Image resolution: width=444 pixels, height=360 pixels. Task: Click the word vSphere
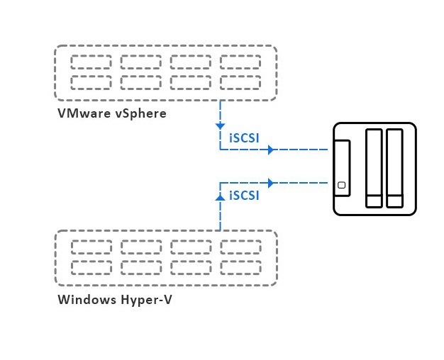[x=140, y=113]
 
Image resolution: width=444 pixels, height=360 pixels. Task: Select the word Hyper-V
[x=146, y=299]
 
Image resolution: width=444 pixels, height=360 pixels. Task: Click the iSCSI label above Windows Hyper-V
[x=243, y=195]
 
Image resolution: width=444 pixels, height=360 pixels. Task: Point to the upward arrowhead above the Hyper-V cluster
[x=220, y=199]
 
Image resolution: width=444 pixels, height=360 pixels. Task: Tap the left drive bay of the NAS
[x=373, y=168]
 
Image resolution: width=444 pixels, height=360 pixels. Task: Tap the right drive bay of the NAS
[x=394, y=168]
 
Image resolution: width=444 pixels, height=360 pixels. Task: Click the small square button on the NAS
[x=342, y=186]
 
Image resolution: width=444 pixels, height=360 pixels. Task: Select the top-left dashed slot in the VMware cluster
[x=91, y=62]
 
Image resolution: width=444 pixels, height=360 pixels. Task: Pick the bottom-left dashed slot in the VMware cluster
[x=91, y=82]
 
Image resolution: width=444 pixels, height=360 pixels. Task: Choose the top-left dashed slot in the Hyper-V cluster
[x=91, y=247]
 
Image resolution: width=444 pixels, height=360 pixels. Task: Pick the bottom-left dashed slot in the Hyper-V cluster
[x=91, y=267]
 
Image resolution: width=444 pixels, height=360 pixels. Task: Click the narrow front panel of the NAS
[x=342, y=168]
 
